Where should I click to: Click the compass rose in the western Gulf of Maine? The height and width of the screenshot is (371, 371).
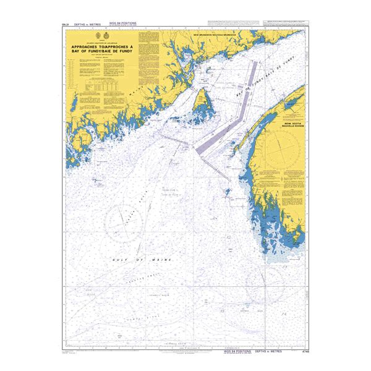point(129,221)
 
